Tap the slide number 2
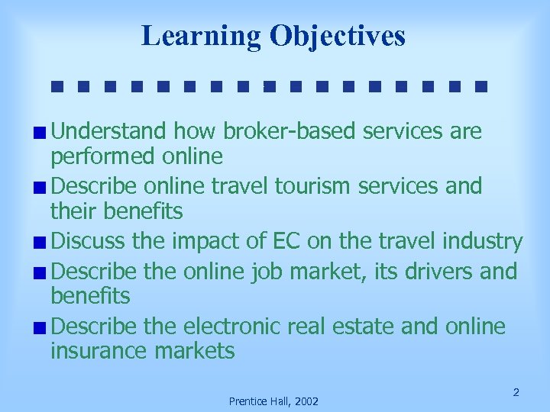(x=516, y=392)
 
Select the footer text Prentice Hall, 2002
(x=273, y=401)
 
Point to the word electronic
(x=235, y=327)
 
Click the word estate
(x=369, y=327)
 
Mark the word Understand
(x=108, y=131)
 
